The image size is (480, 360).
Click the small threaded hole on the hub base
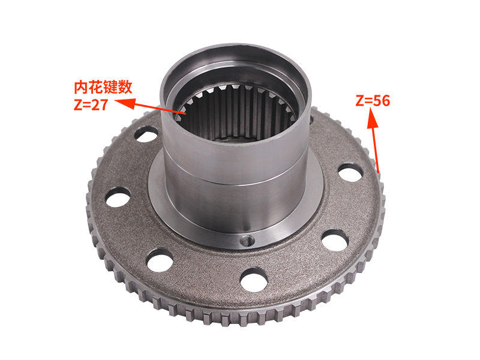(246, 241)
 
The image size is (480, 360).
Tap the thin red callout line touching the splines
(171, 110)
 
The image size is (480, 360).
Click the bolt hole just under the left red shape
(146, 133)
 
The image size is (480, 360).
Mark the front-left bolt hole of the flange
(160, 259)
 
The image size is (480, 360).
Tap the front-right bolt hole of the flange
(335, 239)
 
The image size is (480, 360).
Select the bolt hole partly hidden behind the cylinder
(310, 120)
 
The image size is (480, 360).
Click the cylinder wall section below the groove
(234, 204)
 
